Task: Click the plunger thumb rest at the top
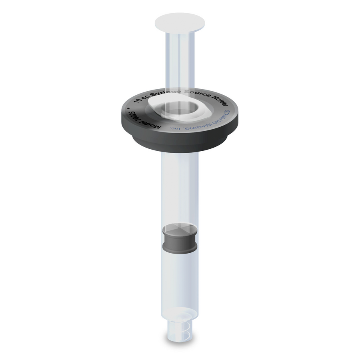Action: [180, 22]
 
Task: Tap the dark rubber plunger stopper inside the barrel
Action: [180, 240]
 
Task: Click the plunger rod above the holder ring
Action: [180, 60]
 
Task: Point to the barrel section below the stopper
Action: [180, 280]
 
